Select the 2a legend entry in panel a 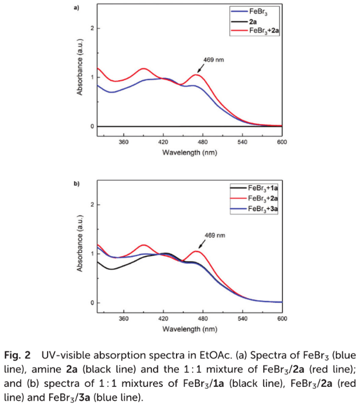tap(253, 21)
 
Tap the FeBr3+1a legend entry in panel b tap(264, 187)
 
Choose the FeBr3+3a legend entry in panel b tap(264, 209)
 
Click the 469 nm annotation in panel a tap(211, 60)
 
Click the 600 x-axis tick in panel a tap(281, 142)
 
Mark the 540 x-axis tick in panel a tap(242, 142)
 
